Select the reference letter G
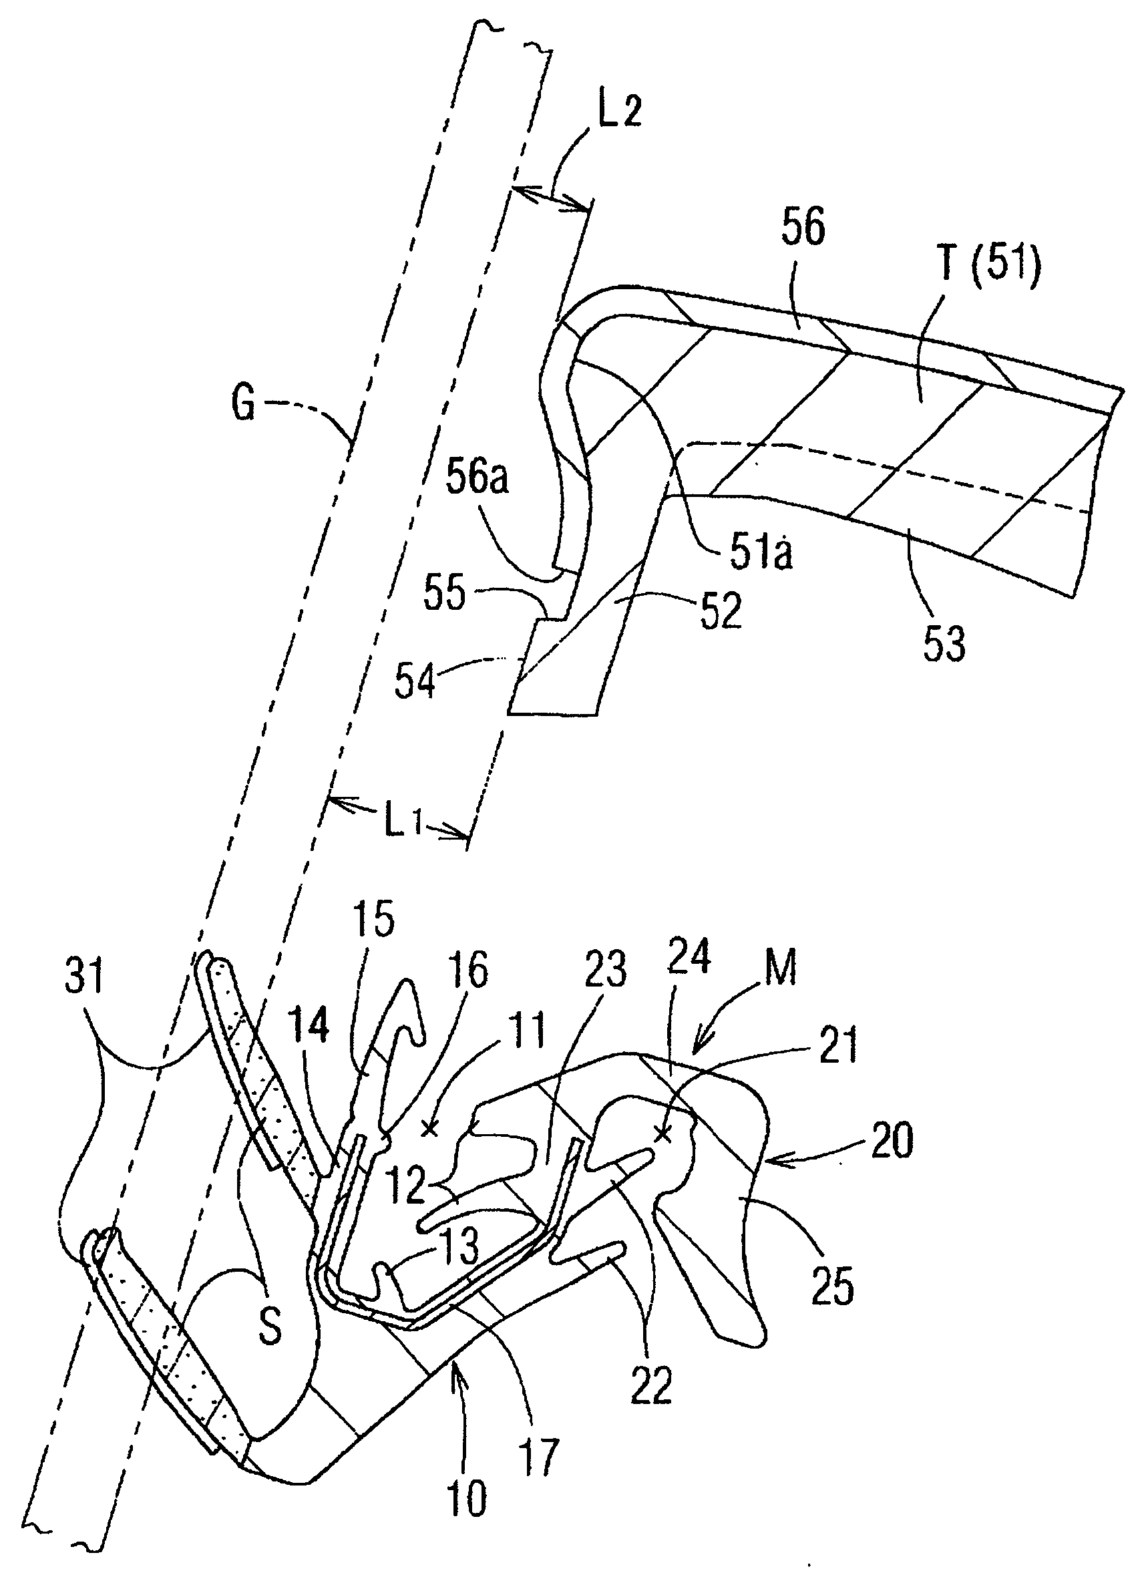pos(242,404)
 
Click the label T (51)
pos(990,266)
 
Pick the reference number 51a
pos(761,554)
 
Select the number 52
pos(721,611)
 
